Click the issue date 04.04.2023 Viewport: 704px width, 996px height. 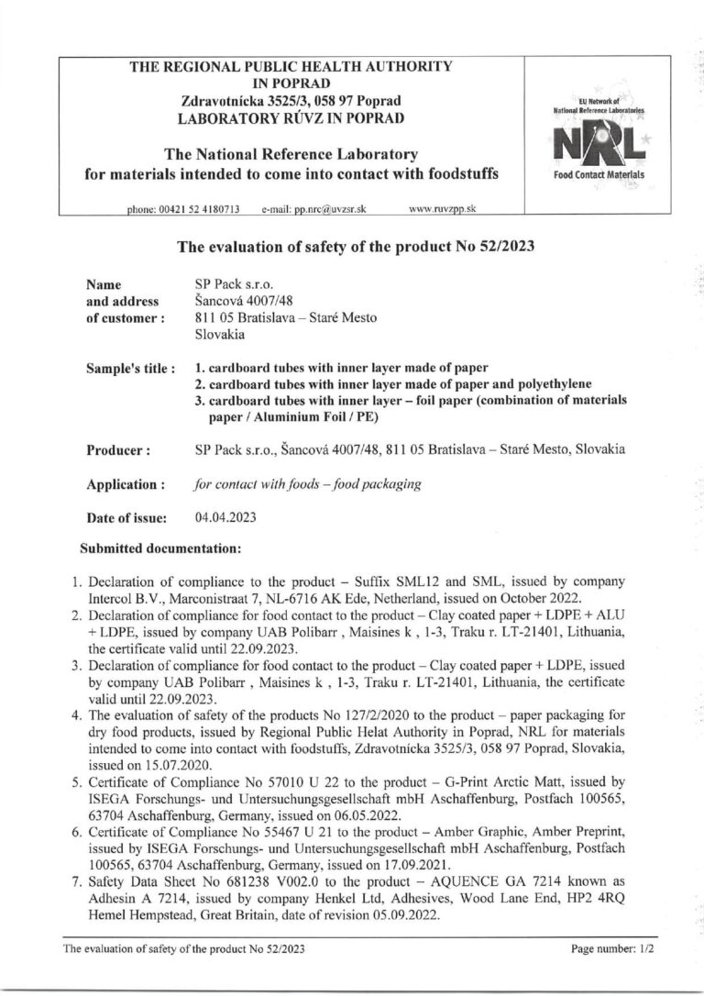click(226, 517)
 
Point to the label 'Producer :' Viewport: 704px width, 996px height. click(118, 450)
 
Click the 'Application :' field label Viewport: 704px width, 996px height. click(126, 483)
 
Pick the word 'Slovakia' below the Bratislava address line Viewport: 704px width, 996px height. click(221, 335)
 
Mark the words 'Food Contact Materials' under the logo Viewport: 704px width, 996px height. click(599, 174)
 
